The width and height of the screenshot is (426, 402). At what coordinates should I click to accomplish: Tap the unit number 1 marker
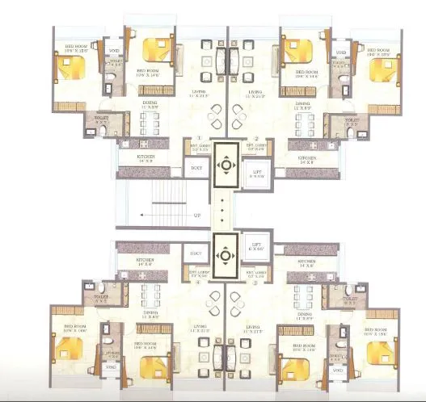[x=200, y=139]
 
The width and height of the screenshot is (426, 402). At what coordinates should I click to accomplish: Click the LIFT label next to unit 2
[x=257, y=172]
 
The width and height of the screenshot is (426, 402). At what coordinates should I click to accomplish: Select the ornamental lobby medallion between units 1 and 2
[x=226, y=165]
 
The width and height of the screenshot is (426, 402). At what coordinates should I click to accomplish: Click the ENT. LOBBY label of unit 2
[x=255, y=149]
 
